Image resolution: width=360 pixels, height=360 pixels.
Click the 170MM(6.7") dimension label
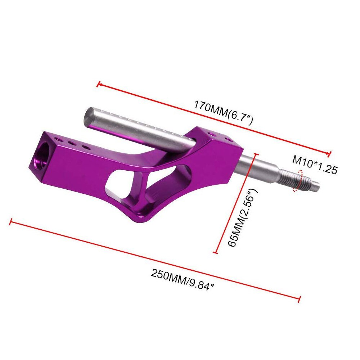(x=224, y=112)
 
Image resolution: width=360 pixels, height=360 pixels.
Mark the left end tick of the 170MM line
(x=99, y=84)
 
